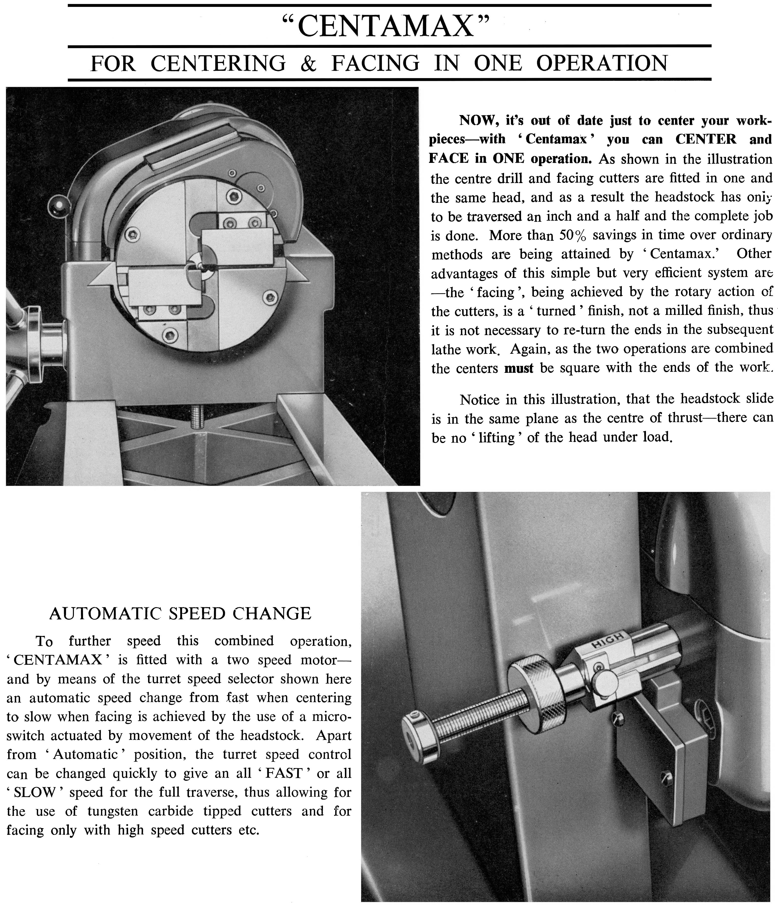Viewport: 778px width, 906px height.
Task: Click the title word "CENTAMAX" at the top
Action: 385,26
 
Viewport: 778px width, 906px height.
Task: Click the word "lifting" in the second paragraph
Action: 496,438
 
